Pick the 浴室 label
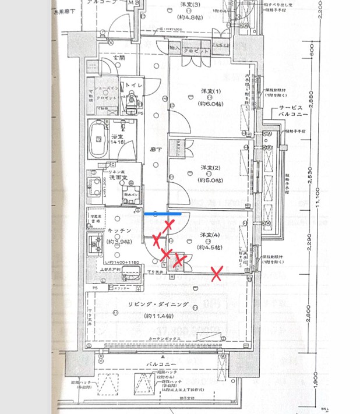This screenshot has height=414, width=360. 115,137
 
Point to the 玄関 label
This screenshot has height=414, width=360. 118,58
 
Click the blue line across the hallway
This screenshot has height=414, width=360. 163,214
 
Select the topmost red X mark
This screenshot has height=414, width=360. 169,225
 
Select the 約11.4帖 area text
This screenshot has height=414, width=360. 157,316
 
